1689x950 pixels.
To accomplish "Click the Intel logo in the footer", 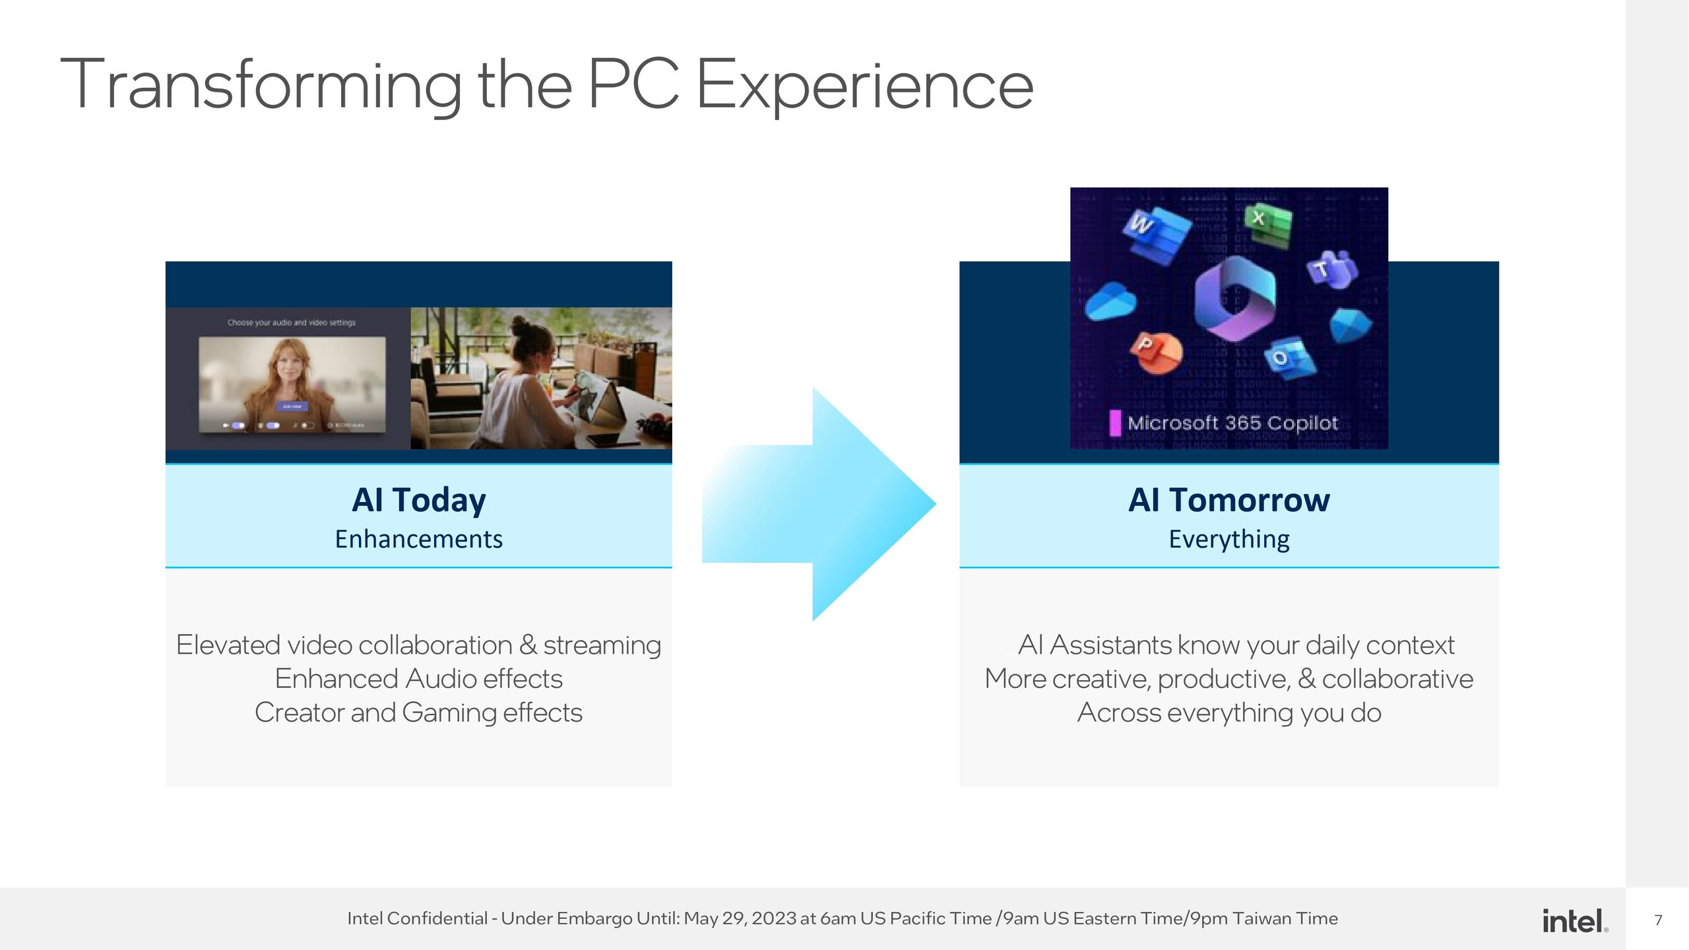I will pos(1574,920).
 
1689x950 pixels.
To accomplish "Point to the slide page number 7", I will pos(1658,920).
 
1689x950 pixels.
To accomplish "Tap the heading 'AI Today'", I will pos(419,499).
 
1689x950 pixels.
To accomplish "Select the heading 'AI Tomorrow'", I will pos(1228,499).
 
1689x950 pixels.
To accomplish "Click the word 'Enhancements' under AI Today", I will pos(419,539).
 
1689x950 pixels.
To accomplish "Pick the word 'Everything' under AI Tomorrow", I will pos(1228,539).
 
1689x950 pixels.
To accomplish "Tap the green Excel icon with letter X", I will pos(1267,224).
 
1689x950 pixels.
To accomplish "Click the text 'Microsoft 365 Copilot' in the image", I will pos(1232,423).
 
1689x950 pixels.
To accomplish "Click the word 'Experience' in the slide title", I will pos(864,86).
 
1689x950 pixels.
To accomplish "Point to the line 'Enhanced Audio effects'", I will pos(419,679).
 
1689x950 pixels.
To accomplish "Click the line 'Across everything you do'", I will pos(1228,712).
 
